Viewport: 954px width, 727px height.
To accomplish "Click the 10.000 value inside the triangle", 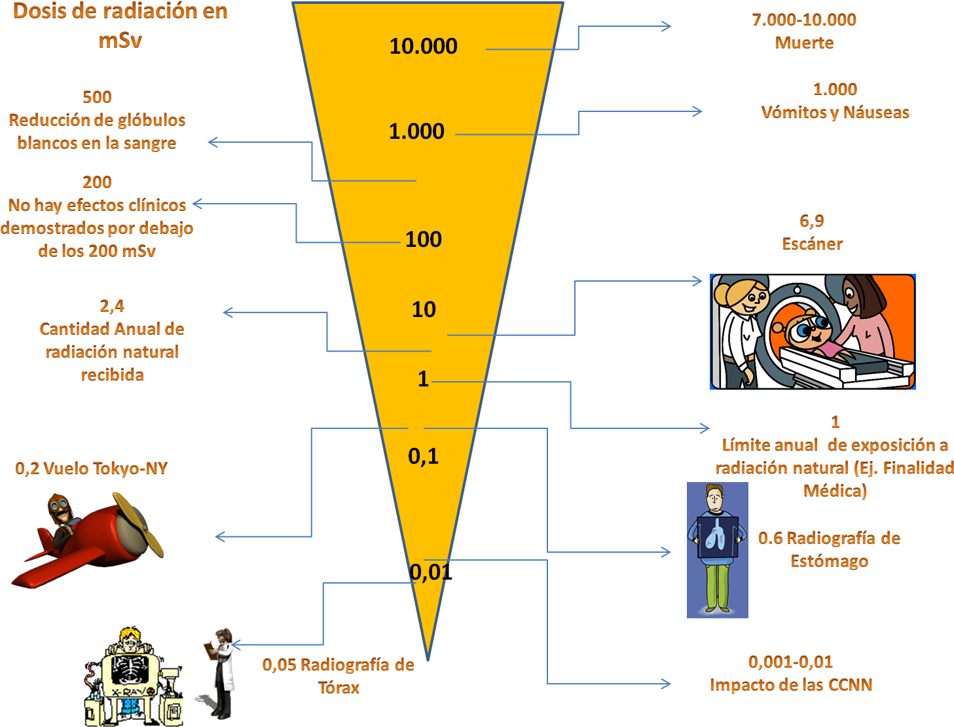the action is point(424,46).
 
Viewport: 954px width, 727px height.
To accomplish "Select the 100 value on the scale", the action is point(424,240).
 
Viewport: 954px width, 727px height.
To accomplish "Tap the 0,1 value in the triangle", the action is point(424,457).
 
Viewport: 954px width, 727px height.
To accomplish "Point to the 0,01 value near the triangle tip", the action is point(431,572).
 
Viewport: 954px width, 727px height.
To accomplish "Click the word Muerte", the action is point(804,43).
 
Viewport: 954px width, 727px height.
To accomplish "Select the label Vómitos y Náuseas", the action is point(835,112).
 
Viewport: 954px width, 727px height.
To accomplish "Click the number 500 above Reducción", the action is point(97,97).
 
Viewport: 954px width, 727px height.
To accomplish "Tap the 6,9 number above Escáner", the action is point(811,221).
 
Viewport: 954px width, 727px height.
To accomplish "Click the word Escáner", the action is point(812,244).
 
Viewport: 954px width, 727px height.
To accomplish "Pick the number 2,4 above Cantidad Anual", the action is point(112,306).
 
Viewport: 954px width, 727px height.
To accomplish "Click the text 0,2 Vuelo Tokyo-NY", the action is point(91,468).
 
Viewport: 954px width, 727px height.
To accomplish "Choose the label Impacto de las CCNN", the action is point(790,685).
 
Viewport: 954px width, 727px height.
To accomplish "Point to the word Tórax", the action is point(339,688).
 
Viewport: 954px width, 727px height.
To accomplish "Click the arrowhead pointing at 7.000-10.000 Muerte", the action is point(666,26).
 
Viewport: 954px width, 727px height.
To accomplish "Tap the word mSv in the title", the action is point(120,41).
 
